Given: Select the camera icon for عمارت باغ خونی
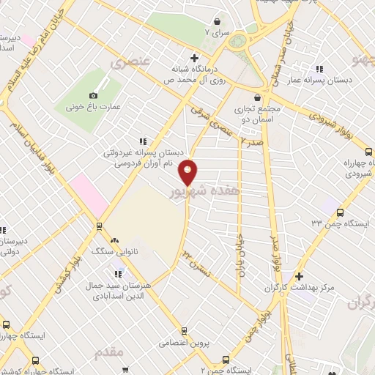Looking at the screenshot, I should [x=93, y=95].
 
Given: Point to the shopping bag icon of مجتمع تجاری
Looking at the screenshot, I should [x=257, y=97].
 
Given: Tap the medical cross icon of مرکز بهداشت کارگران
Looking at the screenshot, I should [x=298, y=277].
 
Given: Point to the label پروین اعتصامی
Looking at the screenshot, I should [x=185, y=342].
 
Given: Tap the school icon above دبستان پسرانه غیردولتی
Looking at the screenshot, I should [x=142, y=141].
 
